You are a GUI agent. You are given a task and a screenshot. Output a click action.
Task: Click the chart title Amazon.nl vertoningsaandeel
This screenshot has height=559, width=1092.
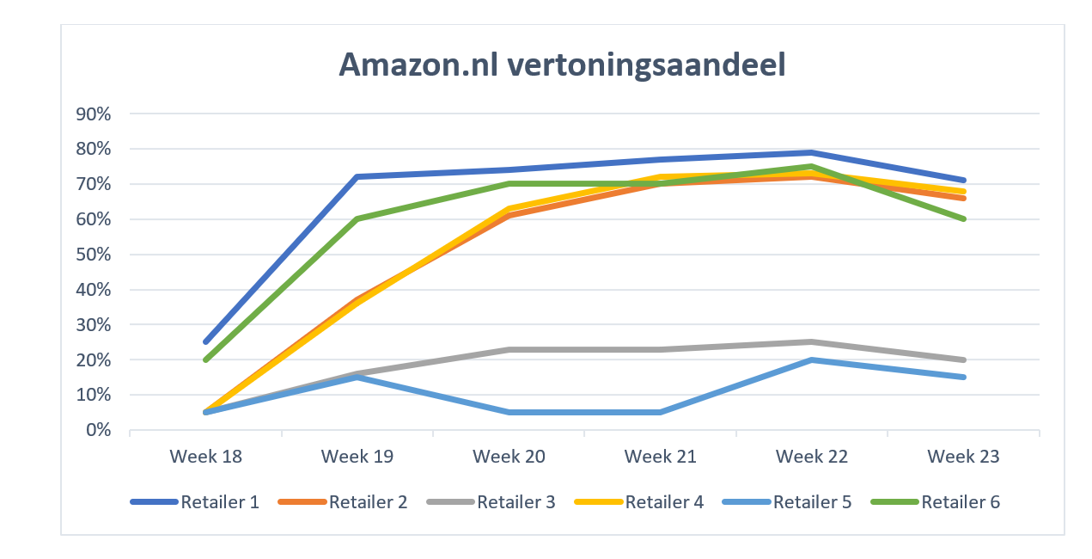click(562, 64)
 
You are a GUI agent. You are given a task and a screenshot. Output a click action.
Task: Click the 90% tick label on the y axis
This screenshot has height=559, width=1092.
click(95, 114)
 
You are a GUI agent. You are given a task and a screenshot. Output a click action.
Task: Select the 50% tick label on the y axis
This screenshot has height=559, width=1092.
click(95, 255)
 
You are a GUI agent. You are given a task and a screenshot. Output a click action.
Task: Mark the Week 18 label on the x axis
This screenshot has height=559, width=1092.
click(205, 456)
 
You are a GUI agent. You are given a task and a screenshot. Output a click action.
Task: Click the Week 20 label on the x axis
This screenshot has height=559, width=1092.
click(509, 456)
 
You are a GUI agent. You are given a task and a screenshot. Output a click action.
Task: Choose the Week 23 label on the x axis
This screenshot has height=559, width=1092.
click(964, 456)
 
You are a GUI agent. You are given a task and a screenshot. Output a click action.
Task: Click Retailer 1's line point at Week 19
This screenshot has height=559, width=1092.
click(357, 176)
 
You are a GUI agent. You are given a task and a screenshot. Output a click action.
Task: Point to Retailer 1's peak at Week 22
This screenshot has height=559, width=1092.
click(812, 152)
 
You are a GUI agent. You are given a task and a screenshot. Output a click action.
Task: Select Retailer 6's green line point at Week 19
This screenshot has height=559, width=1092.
click(357, 218)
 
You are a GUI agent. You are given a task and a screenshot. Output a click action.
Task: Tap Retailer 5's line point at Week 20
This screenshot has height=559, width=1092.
click(509, 412)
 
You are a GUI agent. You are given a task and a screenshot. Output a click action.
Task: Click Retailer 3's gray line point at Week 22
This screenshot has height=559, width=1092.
click(812, 341)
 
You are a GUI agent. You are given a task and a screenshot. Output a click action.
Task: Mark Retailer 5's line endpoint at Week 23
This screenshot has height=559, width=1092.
click(964, 377)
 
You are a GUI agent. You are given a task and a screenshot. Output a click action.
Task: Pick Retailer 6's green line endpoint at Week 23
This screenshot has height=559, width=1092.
click(964, 218)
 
